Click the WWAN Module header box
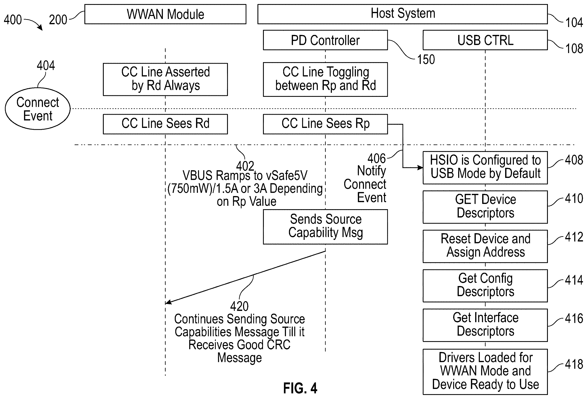coord(165,14)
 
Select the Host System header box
coord(403,14)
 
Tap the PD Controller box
coord(325,40)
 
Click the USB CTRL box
coord(485,40)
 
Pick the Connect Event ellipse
coord(38,109)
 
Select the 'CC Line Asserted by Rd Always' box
coord(165,79)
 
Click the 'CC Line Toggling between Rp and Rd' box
coord(325,79)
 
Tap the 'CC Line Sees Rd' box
coord(165,124)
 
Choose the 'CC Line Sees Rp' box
coord(325,124)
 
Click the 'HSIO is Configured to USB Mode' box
coord(485,168)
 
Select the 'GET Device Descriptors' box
coord(485,207)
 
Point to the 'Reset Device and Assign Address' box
coord(485,246)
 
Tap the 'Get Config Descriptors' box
coord(485,286)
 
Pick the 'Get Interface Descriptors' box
coord(485,325)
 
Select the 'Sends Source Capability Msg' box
coord(325,227)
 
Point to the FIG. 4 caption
coord(300,388)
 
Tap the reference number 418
coord(574,364)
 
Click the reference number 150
coord(426,60)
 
